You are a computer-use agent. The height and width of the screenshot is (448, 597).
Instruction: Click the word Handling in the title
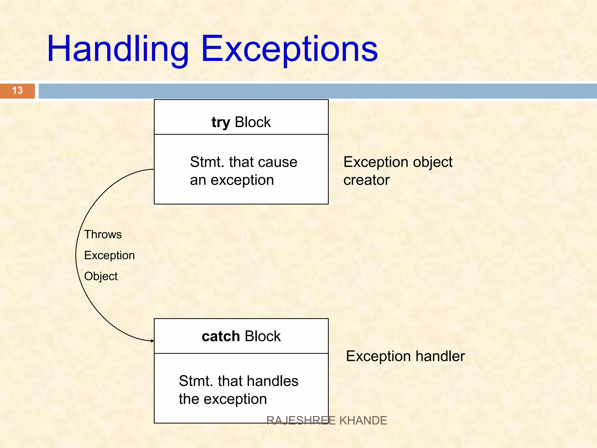point(118,49)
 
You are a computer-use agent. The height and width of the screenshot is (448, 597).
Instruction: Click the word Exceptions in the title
point(289,49)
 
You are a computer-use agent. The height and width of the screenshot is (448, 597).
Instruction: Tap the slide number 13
point(17,90)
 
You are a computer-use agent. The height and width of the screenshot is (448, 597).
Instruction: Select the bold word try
point(221,122)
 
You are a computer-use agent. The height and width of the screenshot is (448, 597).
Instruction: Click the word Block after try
point(253,122)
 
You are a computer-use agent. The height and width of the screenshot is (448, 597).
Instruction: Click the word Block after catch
point(263,336)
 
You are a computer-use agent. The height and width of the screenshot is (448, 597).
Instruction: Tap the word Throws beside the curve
point(103,235)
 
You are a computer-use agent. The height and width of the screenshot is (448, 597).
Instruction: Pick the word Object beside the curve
point(101,276)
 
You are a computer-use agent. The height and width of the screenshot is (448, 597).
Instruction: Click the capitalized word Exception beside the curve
point(109,256)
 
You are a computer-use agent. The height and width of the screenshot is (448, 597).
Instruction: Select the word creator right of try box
point(366,180)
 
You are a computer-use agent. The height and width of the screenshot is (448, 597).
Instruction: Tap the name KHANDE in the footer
point(363,421)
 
